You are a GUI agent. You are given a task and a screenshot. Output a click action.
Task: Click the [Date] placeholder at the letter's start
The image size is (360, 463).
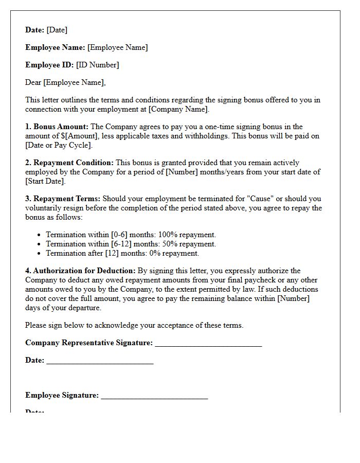pyautogui.click(x=57, y=30)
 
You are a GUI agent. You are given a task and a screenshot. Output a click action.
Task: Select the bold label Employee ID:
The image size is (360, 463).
pyautogui.click(x=49, y=65)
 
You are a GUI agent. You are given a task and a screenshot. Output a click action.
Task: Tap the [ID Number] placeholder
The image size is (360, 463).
pyautogui.click(x=97, y=65)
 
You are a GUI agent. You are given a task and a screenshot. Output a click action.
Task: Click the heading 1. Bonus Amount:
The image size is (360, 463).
pyautogui.click(x=57, y=127)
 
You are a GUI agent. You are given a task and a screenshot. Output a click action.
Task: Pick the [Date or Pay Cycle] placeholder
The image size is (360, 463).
pyautogui.click(x=59, y=145)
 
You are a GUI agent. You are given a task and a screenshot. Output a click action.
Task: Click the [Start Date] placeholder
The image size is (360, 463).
pyautogui.click(x=45, y=181)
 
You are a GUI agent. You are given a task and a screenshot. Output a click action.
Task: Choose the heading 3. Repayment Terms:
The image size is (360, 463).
pyautogui.click(x=63, y=199)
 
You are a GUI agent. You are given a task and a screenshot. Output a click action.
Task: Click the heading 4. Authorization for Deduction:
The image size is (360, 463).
pyautogui.click(x=80, y=271)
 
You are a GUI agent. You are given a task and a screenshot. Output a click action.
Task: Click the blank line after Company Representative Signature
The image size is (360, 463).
pyautogui.click(x=208, y=344)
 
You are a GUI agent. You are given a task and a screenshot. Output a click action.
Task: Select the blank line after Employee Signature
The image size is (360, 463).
pyautogui.click(x=154, y=396)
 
